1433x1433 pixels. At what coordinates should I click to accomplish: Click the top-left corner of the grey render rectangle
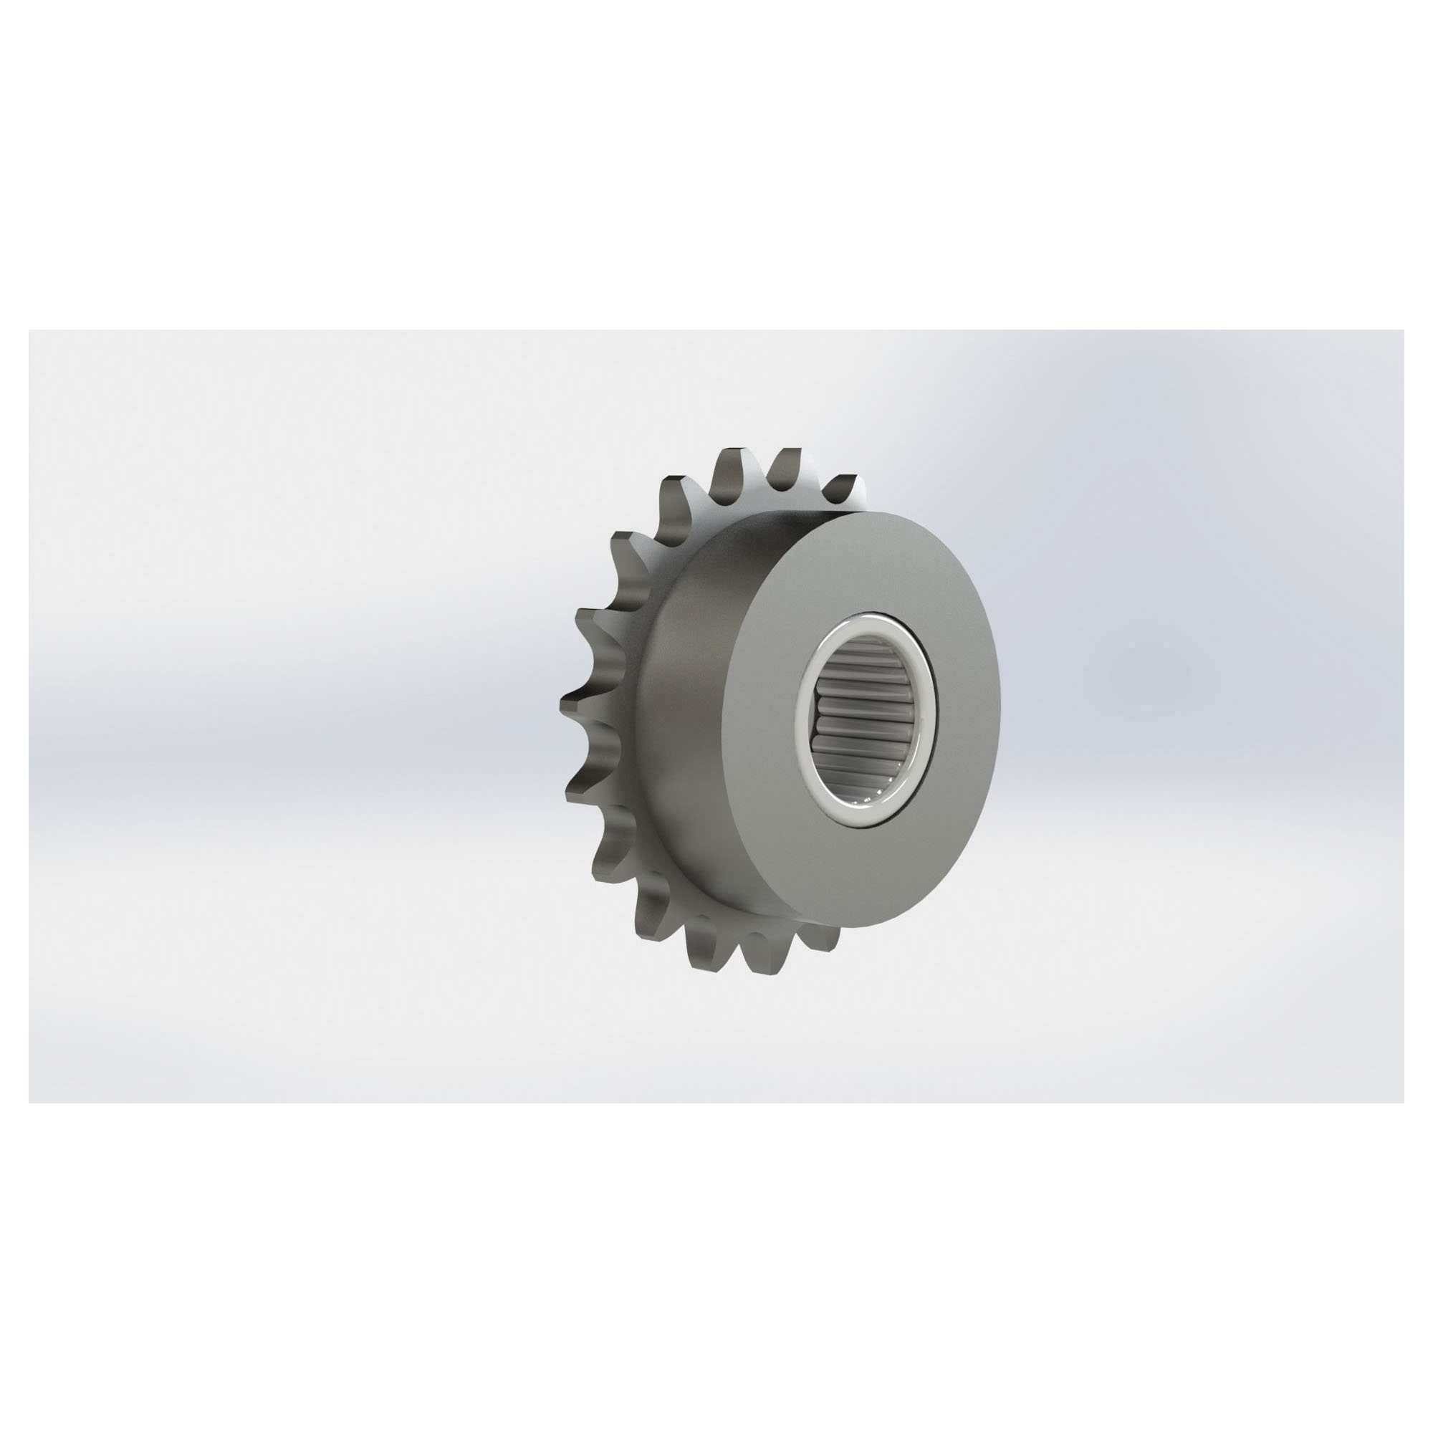click(x=29, y=330)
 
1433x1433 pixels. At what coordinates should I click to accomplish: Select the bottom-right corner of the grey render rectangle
click(x=1404, y=1102)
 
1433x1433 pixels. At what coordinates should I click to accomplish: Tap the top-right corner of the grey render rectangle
click(x=1404, y=330)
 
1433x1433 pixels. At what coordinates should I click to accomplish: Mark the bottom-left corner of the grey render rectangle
click(x=29, y=1102)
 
